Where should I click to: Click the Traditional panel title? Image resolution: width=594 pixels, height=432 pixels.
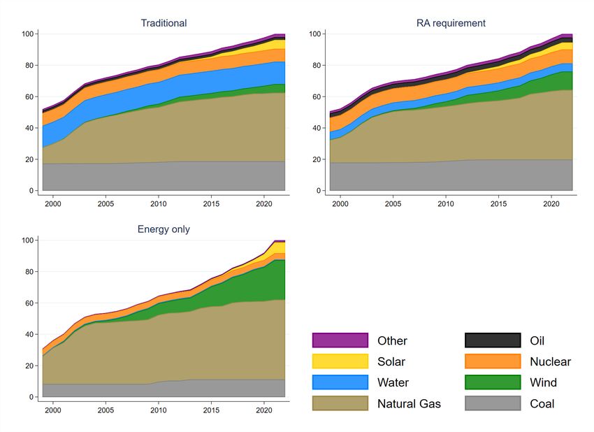(164, 23)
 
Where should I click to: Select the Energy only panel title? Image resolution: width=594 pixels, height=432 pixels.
(164, 229)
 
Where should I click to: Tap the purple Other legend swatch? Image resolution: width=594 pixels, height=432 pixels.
(340, 340)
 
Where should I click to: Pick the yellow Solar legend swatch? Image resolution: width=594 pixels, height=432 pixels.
(340, 361)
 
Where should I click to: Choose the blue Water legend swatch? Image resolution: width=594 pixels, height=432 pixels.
(340, 382)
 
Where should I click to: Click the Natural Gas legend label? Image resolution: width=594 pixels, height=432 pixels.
(409, 403)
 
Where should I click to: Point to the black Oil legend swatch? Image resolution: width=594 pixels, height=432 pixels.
(493, 340)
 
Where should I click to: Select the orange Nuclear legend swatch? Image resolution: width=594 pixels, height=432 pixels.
(493, 361)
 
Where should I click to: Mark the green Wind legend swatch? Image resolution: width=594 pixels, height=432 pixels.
(493, 382)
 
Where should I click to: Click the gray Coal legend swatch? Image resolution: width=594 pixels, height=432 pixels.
(493, 403)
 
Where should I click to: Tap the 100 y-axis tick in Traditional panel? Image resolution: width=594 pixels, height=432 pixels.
(28, 34)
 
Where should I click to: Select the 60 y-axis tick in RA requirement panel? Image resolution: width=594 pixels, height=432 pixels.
(314, 97)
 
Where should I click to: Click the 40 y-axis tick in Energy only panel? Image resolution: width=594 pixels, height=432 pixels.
(30, 334)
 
